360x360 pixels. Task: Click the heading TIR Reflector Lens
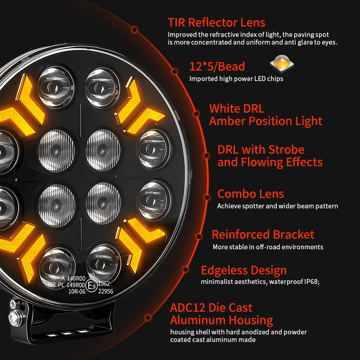pos(216,22)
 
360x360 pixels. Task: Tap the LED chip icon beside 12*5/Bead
pos(279,63)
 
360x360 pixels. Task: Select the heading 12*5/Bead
pos(217,67)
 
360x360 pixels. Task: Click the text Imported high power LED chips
pos(236,79)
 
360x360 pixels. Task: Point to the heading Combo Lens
pos(251,194)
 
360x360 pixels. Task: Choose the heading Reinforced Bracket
pos(263,234)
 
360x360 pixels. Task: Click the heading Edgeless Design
pos(243,270)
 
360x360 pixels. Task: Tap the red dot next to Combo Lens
pos(207,197)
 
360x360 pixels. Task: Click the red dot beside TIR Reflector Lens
pos(135,30)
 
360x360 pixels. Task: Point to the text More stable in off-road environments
pos(268,247)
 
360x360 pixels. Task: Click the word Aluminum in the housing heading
pos(196,320)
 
